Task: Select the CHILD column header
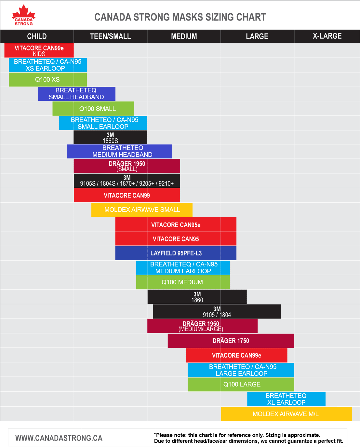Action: pos(37,36)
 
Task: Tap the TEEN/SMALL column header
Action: pos(110,36)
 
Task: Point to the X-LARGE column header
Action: pos(327,36)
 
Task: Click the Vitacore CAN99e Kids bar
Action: pos(39,50)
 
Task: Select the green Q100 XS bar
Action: pos(47,79)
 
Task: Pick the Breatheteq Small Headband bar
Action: pos(76,94)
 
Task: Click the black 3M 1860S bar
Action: pos(110,137)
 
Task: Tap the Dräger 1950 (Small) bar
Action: pos(127,166)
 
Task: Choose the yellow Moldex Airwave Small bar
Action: pos(142,210)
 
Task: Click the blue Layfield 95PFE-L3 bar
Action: pos(176,253)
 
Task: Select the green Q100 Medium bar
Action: pos(183,282)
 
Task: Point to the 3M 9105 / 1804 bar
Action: pos(217,312)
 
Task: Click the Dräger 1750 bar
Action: pos(231,341)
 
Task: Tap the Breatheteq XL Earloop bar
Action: pos(286,399)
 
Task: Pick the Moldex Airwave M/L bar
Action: pos(286,414)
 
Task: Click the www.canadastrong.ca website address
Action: pos(59,438)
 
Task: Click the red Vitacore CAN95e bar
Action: pos(176,224)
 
